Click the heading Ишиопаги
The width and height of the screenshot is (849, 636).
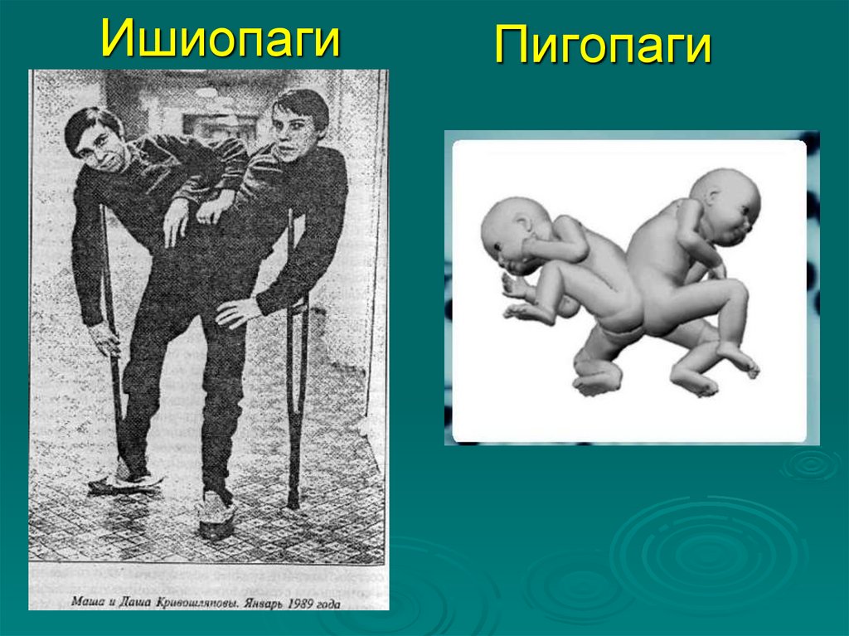[x=220, y=38]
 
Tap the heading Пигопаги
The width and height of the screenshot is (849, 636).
[x=603, y=46]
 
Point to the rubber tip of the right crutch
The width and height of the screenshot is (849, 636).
[x=293, y=502]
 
